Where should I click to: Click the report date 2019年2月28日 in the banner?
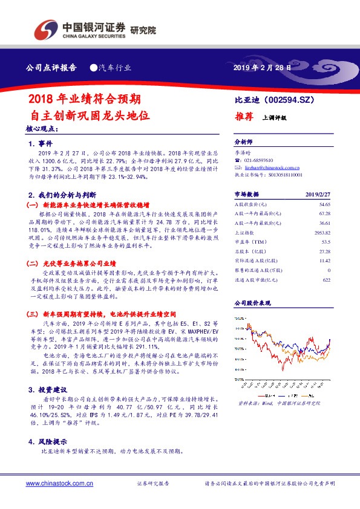(261, 68)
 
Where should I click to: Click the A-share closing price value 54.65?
(324, 206)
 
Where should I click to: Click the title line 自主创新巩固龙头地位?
(90, 114)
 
